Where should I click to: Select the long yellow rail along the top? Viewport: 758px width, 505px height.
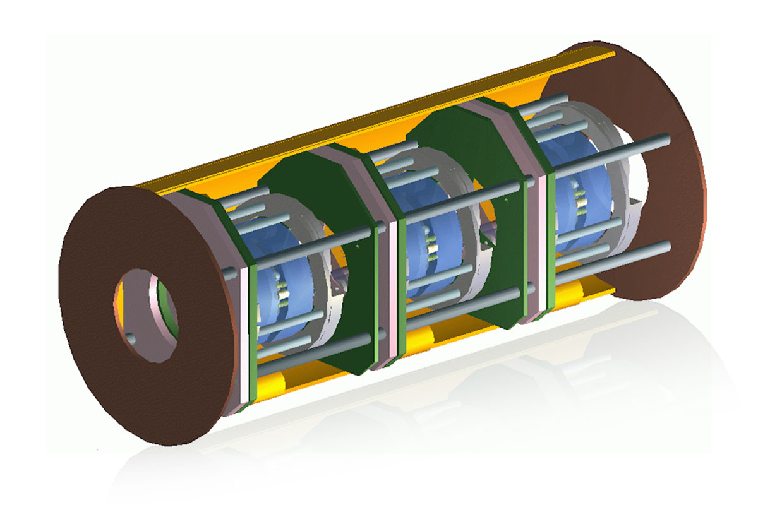tap(379, 120)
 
